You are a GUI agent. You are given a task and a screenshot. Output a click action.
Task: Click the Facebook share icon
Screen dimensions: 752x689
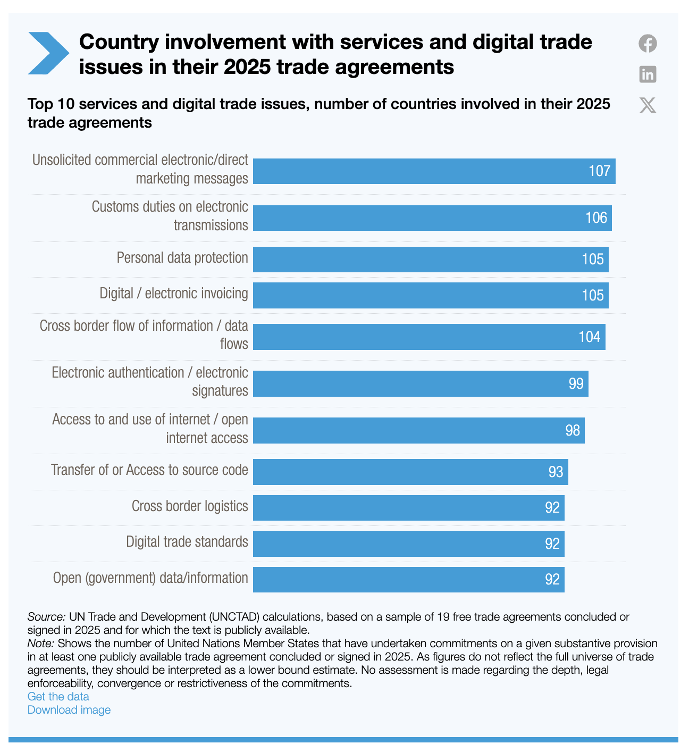pos(648,43)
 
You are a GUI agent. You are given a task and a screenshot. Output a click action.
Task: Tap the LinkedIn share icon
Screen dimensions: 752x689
pos(648,74)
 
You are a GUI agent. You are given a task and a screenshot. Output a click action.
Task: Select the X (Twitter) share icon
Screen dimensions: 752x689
pos(648,105)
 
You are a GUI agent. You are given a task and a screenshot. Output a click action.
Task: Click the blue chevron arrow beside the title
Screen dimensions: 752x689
pos(48,53)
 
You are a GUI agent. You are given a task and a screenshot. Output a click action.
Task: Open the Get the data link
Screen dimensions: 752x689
pos(58,696)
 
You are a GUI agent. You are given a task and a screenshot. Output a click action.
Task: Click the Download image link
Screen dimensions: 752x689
pos(69,709)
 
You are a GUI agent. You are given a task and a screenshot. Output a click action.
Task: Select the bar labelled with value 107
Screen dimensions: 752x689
pos(434,171)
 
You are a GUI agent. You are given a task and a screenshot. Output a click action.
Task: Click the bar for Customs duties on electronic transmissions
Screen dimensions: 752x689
pos(432,218)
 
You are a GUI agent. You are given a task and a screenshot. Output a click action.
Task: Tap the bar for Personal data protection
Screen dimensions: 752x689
pos(431,260)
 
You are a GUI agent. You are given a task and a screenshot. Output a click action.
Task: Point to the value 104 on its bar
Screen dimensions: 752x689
pos(590,337)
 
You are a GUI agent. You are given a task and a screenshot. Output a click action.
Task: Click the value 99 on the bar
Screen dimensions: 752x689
pos(576,383)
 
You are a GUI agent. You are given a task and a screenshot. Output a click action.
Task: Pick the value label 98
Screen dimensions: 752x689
pos(573,430)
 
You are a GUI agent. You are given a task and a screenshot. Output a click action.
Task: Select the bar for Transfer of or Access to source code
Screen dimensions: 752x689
pos(410,472)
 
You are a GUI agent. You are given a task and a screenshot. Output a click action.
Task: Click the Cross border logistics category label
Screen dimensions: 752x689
pos(190,506)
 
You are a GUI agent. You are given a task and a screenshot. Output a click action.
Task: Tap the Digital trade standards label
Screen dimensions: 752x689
pos(187,542)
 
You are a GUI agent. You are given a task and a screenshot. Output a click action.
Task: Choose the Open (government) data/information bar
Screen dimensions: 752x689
pos(408,579)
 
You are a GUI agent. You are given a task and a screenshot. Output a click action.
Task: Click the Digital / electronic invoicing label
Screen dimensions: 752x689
pos(174,294)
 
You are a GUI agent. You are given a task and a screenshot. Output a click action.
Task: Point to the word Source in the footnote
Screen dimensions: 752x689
pos(46,617)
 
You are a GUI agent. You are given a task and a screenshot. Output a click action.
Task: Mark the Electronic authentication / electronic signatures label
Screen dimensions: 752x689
pos(150,381)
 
